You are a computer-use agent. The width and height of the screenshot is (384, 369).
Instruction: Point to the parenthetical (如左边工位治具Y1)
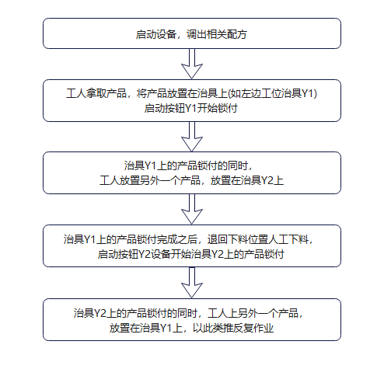(x=273, y=94)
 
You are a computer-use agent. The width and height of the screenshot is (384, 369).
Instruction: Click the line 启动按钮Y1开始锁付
(x=191, y=108)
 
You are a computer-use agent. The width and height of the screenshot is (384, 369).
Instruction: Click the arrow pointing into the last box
(x=191, y=285)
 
